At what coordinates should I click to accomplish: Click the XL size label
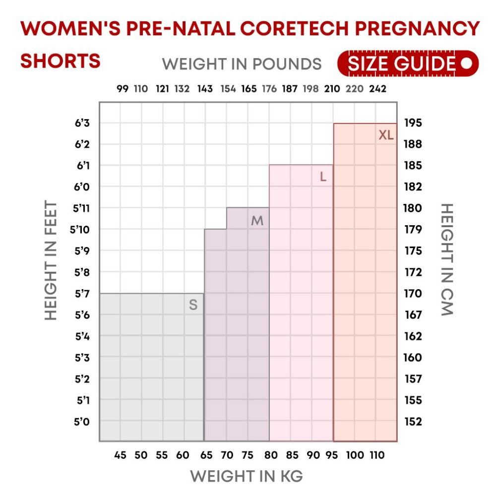386,135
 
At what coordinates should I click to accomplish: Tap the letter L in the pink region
323,177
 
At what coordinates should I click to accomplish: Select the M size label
257,221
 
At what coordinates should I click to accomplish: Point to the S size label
193,306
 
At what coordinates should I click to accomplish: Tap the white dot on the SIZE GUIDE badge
466,64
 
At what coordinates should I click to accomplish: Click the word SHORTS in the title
61,61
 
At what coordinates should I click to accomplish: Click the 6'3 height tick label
82,123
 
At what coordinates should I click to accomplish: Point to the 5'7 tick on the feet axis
82,294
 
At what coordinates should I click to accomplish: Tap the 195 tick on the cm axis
413,123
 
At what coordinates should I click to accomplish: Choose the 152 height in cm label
413,422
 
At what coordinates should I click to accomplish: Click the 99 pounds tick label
123,89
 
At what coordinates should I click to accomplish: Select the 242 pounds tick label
377,89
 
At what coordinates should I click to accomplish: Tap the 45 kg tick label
120,455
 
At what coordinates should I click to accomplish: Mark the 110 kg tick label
376,455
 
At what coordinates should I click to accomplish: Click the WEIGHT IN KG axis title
247,476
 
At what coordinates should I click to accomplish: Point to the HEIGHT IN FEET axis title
51,260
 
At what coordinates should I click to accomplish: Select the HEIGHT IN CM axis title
446,259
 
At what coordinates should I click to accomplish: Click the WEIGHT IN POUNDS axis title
242,64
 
